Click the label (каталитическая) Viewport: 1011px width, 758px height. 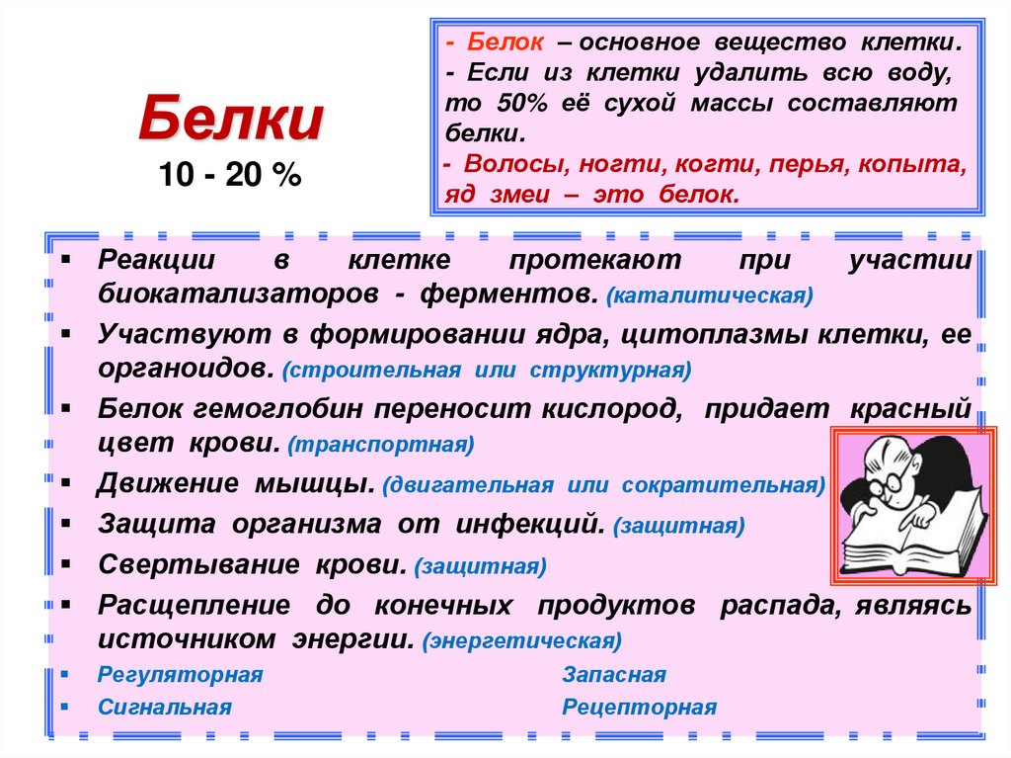710,295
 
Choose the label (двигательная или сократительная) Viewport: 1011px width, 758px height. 604,486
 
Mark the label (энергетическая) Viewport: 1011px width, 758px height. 521,640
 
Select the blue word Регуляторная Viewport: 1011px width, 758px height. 180,675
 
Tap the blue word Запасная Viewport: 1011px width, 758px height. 613,675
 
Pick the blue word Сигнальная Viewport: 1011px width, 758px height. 165,708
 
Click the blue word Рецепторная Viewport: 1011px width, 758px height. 639,708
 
